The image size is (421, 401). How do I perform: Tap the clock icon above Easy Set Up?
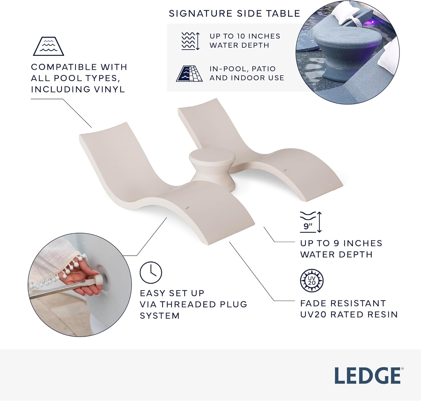pos(151,272)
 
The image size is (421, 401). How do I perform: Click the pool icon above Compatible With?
pos(48,46)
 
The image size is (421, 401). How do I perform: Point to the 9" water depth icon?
pos(310,222)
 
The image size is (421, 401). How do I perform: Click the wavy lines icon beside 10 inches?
pos(190,41)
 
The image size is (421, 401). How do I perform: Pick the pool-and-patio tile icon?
pos(189,74)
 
